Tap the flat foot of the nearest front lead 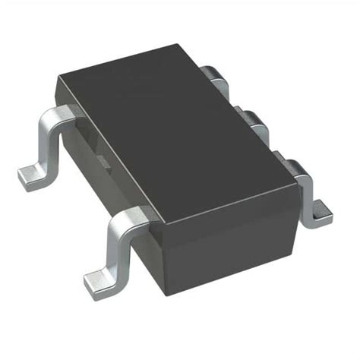96,281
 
